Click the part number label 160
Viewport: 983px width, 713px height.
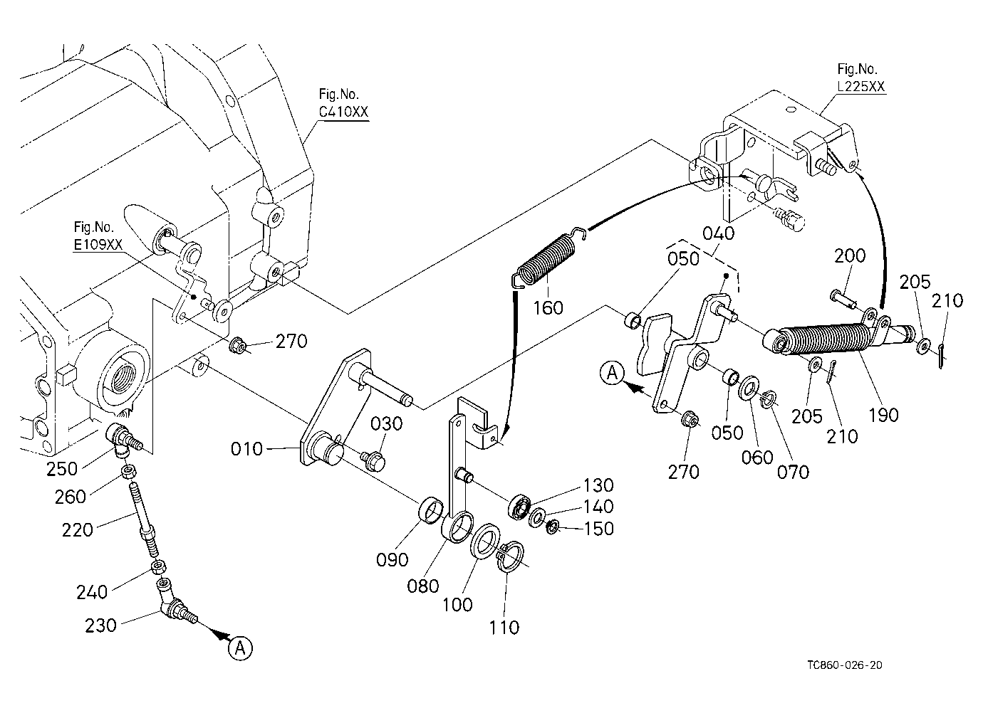(548, 308)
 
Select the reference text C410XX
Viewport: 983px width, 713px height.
(343, 112)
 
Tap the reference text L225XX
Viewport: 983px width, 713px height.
(861, 86)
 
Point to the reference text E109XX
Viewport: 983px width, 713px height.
(98, 245)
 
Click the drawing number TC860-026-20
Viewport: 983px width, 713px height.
(845, 665)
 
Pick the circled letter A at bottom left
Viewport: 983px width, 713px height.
(240, 648)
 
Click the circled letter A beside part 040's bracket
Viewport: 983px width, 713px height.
(612, 374)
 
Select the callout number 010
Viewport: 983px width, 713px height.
(246, 449)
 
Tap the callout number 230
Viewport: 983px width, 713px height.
(101, 625)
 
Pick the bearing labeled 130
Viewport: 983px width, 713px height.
(519, 507)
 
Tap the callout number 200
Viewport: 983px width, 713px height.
(850, 256)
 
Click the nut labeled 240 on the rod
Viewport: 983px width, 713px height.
(157, 567)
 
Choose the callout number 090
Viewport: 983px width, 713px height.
(392, 560)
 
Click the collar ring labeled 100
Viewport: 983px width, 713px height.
(484, 541)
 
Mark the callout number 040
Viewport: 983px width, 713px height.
(719, 233)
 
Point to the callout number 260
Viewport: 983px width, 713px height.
(71, 497)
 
